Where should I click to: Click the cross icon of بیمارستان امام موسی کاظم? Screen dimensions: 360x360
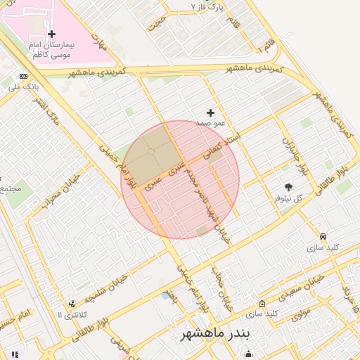click(52, 34)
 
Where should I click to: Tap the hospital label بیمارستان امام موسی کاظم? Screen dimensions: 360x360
click(52, 49)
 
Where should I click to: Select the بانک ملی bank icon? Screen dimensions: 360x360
click(24, 76)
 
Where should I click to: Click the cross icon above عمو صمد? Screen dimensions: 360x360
click(210, 112)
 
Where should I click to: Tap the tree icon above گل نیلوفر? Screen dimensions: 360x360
click(288, 187)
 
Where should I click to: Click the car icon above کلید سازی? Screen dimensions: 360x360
click(323, 237)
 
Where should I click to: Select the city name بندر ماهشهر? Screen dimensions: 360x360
click(215, 332)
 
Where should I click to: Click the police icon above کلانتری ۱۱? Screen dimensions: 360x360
click(72, 304)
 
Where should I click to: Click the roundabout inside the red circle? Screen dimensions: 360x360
click(150, 151)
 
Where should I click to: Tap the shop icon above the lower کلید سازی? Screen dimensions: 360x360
click(262, 304)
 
